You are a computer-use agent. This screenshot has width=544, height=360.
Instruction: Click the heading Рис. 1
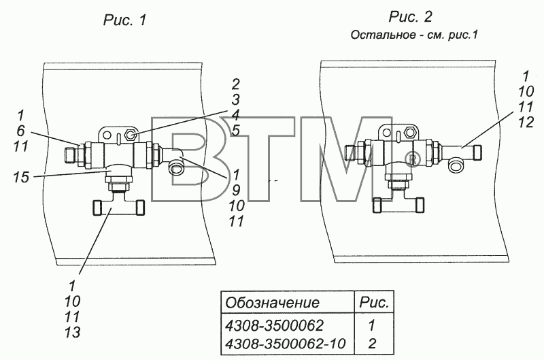[x=125, y=20]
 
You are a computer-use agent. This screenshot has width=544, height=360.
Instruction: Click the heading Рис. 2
[x=411, y=16]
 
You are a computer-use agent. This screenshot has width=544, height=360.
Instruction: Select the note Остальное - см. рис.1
[x=414, y=35]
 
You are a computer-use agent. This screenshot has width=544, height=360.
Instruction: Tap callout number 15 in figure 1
[x=22, y=177]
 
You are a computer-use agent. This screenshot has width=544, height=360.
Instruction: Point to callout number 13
[x=73, y=332]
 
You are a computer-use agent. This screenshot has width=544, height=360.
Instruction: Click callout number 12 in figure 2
[x=526, y=122]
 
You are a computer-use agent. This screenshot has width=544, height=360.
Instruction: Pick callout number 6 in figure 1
[x=20, y=131]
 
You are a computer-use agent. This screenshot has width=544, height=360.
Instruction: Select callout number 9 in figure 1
[x=235, y=190]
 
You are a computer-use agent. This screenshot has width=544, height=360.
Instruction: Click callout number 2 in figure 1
[x=235, y=84]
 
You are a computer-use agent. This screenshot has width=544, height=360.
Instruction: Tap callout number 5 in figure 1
[x=235, y=131]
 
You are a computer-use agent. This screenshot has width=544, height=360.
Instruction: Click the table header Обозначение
[x=272, y=302]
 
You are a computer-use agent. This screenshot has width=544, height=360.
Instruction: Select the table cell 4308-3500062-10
[x=285, y=344]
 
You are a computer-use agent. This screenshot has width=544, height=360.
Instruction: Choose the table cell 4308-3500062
[x=274, y=325]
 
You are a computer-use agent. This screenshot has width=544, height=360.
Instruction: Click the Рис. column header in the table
[x=373, y=302]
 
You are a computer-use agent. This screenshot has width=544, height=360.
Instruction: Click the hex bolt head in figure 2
[x=411, y=132]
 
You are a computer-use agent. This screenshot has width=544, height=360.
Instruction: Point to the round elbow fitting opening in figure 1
[x=176, y=169]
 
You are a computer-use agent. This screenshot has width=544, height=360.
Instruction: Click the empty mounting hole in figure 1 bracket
[x=107, y=135]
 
